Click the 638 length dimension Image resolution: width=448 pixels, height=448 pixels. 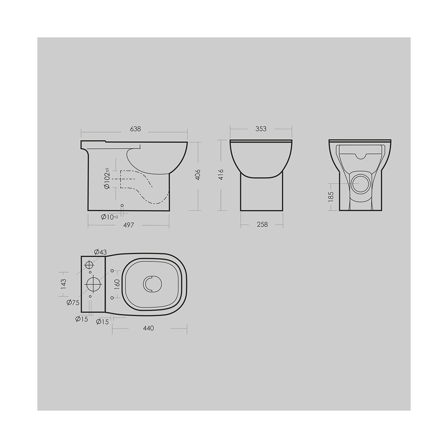click(135, 129)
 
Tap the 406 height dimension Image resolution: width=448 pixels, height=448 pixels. click(197, 175)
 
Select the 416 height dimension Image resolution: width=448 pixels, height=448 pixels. click(221, 175)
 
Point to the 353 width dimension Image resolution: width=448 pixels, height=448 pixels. click(261, 129)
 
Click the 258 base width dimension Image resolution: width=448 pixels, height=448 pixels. click(262, 225)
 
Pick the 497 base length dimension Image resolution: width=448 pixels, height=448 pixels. click(128, 225)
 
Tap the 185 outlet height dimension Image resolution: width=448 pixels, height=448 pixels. click(331, 197)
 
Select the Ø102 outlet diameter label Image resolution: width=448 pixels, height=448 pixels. click(107, 178)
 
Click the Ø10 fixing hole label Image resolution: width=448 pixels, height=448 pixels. click(109, 217)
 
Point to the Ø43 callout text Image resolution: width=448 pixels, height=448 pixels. click(100, 252)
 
